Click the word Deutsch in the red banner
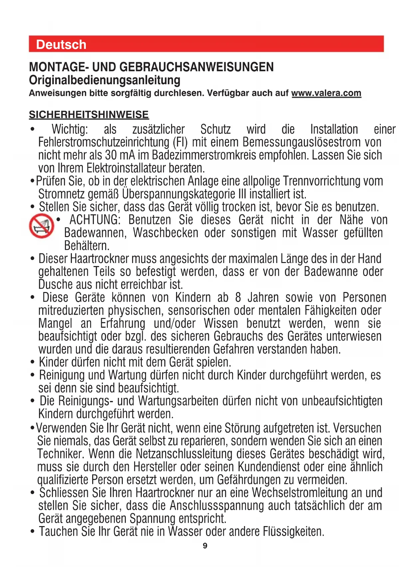[61, 45]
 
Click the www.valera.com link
[326, 93]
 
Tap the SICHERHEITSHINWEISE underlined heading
[89, 115]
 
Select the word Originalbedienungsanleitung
[105, 80]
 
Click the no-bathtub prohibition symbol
[42, 226]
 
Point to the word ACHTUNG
[95, 220]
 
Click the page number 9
[205, 546]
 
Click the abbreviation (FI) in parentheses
[180, 143]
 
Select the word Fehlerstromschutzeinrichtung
[104, 143]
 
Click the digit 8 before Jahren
[238, 298]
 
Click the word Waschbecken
[165, 233]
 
